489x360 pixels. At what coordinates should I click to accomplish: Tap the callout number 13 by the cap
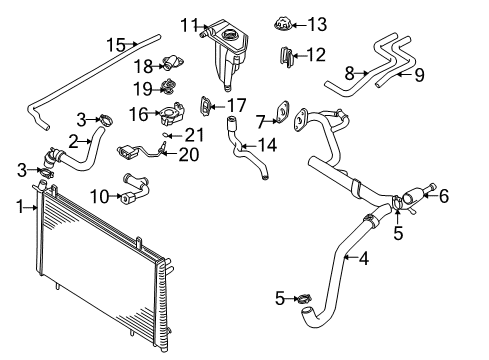pos(289,23)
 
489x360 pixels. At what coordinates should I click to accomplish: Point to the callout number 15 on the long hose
pos(116,44)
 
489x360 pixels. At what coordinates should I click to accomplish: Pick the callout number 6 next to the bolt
pos(444,196)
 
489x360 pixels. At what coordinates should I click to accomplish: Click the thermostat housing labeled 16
pos(170,112)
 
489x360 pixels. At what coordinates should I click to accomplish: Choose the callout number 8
pos(349,72)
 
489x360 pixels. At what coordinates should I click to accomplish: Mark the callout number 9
pos(420,72)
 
